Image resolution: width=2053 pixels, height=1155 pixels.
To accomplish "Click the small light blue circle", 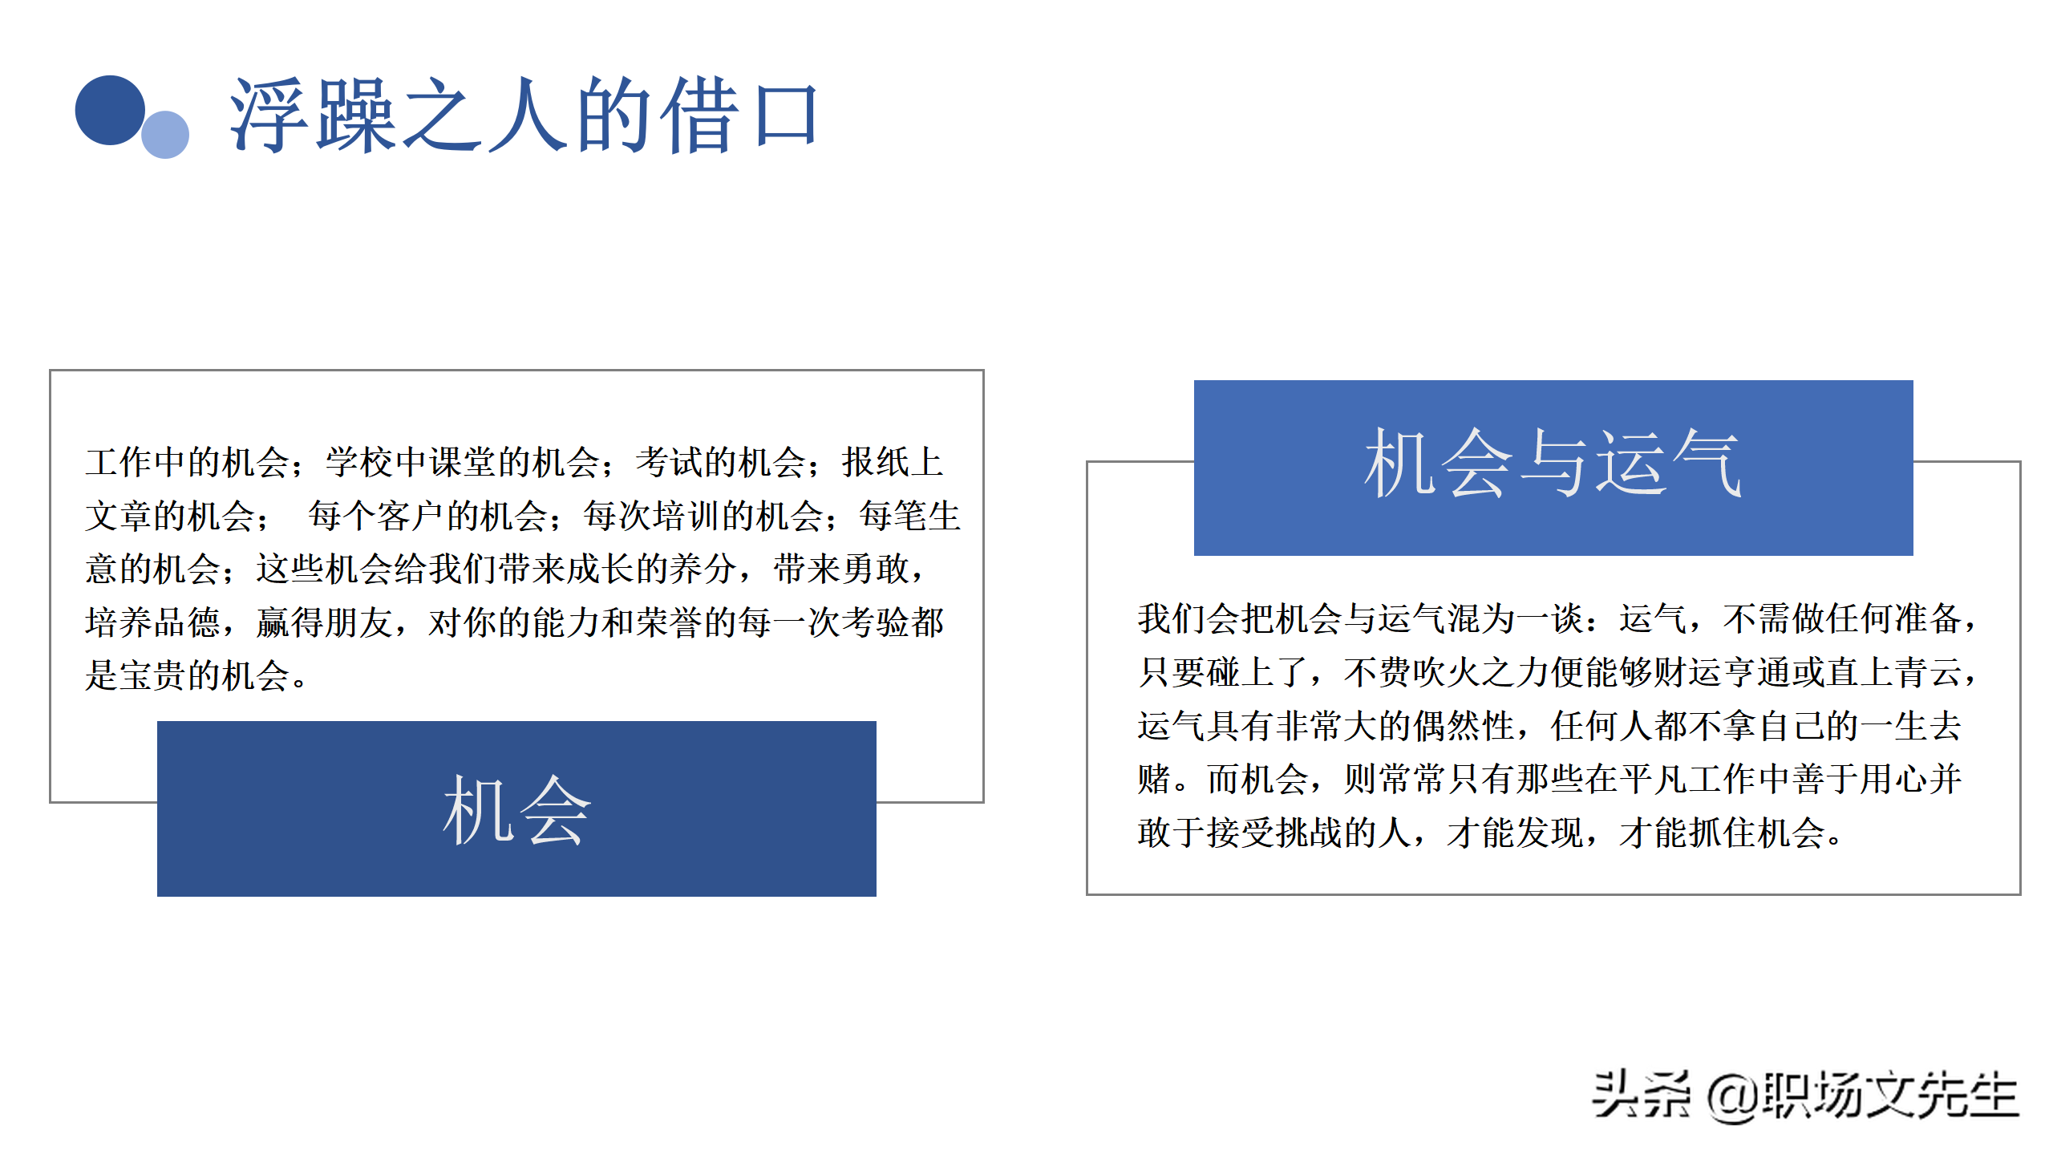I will point(165,135).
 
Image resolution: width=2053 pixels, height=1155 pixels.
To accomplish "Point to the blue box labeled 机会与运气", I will point(1553,468).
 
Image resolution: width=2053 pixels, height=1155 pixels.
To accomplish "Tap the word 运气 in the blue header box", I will point(1668,464).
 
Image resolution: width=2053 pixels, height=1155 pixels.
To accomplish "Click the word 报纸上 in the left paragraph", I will point(892,462).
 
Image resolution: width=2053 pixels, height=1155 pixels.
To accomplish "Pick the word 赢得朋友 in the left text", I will point(324,622).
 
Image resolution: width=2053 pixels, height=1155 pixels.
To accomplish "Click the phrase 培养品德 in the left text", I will point(152,622).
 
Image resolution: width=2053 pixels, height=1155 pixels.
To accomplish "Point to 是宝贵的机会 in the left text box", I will point(188,675).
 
